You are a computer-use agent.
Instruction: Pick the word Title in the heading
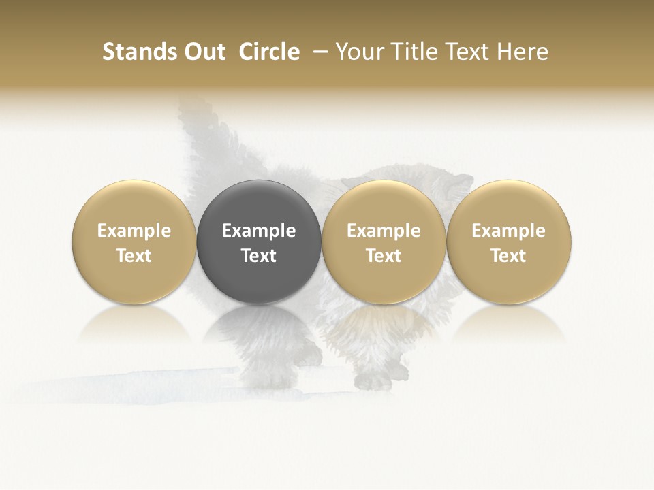point(411,52)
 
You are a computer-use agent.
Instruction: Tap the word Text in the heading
point(465,52)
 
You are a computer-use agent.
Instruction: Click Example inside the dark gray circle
point(259,231)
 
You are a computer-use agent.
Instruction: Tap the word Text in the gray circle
point(259,256)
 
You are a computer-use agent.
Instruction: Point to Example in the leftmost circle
point(134,231)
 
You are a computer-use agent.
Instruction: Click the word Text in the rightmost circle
point(509,256)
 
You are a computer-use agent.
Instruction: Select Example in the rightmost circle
point(509,231)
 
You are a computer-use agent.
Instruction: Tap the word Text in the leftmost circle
point(134,256)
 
